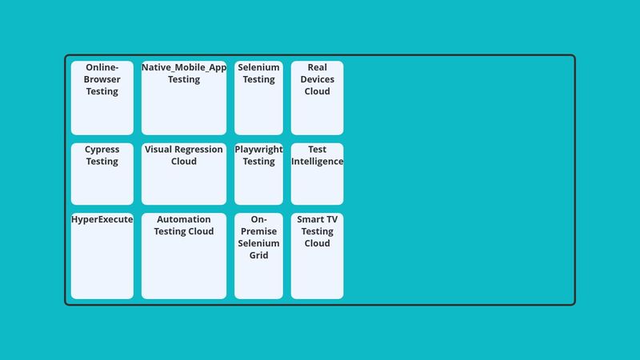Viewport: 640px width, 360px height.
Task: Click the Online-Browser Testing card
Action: point(102,98)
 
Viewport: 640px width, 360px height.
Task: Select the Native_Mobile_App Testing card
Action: point(184,98)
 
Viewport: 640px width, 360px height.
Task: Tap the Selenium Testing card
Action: point(258,98)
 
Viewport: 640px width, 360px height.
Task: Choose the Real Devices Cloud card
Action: point(317,98)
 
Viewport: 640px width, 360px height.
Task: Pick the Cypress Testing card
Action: point(102,174)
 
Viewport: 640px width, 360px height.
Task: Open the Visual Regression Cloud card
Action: point(184,174)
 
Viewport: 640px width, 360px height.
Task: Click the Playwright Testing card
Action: point(258,174)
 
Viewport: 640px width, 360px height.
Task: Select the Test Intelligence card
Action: point(317,174)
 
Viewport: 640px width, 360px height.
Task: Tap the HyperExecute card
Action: point(102,256)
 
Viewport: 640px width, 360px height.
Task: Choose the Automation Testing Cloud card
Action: point(184,256)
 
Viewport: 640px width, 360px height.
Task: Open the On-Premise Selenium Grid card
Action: point(258,256)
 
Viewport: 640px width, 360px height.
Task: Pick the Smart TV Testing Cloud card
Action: point(317,256)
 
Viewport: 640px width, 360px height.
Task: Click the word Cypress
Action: point(102,150)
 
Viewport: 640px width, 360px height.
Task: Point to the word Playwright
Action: point(258,150)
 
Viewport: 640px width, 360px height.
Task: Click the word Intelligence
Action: point(317,162)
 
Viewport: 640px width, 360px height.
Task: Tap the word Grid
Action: point(258,256)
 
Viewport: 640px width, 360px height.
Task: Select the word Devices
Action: point(318,79)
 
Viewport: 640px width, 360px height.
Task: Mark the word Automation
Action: point(184,219)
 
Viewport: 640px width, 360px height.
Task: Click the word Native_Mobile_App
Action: point(184,67)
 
